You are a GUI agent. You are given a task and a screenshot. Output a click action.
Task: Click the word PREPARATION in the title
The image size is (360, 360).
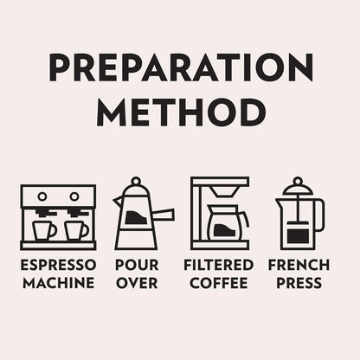coord(181,67)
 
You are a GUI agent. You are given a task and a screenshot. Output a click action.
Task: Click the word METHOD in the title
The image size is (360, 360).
coord(181,112)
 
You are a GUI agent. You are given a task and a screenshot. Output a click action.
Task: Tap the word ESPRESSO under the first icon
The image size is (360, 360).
coord(58,265)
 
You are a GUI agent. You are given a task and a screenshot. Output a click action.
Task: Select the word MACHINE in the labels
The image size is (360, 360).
coord(59,283)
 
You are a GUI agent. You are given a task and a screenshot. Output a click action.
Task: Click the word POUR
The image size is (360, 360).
coord(137,265)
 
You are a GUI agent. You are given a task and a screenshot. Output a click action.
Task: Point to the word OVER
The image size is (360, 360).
coord(137,283)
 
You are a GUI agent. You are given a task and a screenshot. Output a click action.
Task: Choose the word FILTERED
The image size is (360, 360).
coord(218,265)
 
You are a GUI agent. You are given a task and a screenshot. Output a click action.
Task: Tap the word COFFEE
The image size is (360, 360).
coord(219,283)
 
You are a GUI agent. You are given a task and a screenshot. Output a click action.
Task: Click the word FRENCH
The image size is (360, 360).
coord(299,265)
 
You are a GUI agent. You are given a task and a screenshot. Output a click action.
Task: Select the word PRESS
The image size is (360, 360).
coord(299,283)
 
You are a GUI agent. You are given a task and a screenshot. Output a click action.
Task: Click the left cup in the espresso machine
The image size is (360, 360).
coord(44,230)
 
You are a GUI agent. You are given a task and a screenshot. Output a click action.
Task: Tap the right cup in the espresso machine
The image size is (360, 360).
coord(76,230)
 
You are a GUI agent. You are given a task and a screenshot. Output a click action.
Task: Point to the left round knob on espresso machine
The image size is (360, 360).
coord(42,196)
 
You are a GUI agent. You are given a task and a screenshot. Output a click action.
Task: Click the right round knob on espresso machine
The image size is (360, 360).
coord(74,196)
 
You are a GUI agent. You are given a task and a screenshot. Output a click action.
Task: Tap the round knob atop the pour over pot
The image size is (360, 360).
coord(136,182)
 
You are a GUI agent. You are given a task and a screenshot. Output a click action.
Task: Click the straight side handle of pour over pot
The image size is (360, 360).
coord(164,215)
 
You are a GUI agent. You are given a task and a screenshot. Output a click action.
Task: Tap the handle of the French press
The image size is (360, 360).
coord(320,215)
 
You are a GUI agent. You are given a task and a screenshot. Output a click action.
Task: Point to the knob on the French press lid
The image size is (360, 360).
coord(298,182)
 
